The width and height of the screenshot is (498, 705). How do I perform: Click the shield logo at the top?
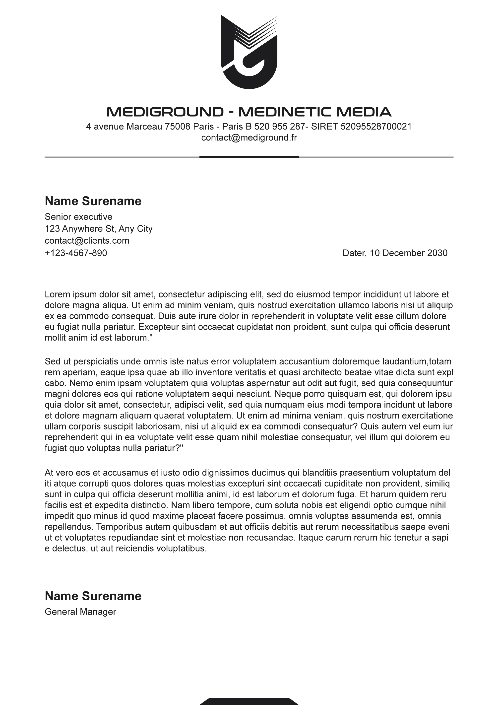pos(249,52)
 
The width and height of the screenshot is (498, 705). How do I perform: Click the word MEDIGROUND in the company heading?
pos(165,112)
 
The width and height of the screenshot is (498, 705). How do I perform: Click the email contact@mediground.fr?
pos(249,138)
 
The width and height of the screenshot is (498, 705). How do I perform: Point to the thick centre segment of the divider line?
pos(249,157)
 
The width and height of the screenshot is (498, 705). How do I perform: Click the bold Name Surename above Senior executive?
pos(93,201)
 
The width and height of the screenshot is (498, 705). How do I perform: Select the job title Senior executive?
pos(78,217)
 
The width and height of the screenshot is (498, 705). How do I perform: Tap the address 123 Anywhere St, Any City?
pos(99,229)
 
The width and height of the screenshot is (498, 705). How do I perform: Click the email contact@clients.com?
pos(87,240)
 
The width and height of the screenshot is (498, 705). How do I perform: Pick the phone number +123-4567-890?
pos(76,253)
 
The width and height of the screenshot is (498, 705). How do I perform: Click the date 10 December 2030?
pos(408,253)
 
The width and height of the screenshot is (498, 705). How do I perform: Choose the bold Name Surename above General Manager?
pos(93,596)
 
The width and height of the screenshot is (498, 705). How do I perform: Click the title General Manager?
pos(80,612)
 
